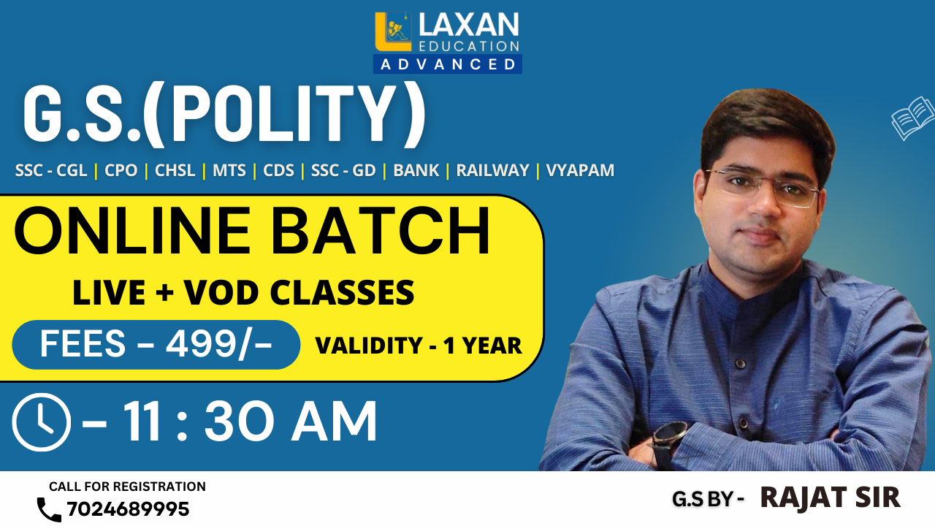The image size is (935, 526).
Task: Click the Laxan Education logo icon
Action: point(394,32)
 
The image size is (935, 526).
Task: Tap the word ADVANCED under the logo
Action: point(448,64)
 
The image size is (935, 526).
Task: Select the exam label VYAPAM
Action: point(580,171)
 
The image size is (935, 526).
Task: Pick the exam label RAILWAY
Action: point(492,171)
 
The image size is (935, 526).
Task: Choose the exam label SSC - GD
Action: point(343,171)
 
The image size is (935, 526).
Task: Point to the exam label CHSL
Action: point(175,171)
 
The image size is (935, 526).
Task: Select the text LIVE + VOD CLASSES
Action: point(243,293)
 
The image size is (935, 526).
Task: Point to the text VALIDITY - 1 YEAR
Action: point(419,346)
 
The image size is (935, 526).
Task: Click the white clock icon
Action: point(42,422)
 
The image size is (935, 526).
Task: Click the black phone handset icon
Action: point(49,509)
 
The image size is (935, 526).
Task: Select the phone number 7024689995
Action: point(128,509)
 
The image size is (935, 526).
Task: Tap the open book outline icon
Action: point(913,118)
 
